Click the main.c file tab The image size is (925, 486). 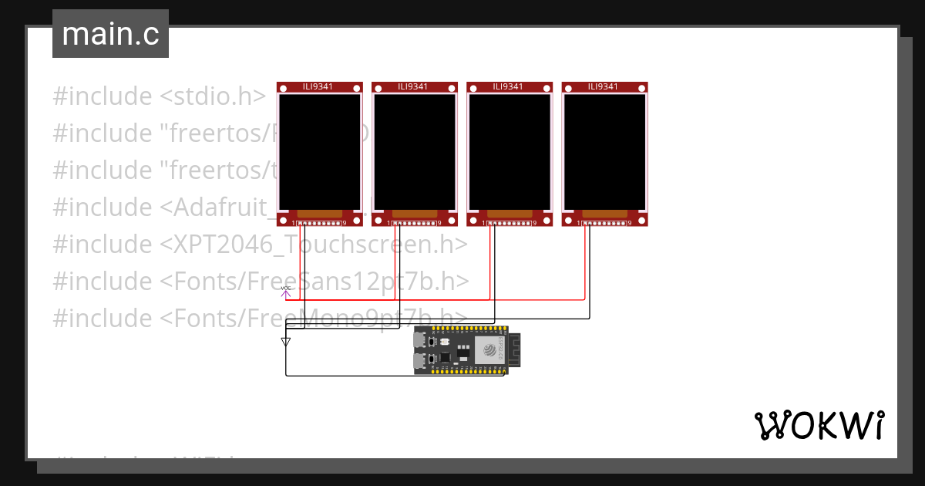tap(110, 34)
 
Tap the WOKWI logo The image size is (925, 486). tap(819, 425)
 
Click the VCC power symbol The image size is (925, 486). tap(285, 292)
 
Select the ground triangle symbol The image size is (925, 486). tap(286, 341)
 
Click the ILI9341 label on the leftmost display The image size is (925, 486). tap(318, 87)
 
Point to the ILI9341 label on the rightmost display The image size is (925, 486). tap(604, 87)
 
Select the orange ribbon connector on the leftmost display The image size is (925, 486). tap(319, 214)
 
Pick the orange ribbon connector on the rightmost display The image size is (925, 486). tap(604, 214)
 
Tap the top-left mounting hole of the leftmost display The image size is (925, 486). tap(284, 89)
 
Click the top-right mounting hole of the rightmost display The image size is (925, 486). tap(641, 89)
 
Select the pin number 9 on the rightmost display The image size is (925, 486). tap(629, 224)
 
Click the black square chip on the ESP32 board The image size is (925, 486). tap(445, 358)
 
